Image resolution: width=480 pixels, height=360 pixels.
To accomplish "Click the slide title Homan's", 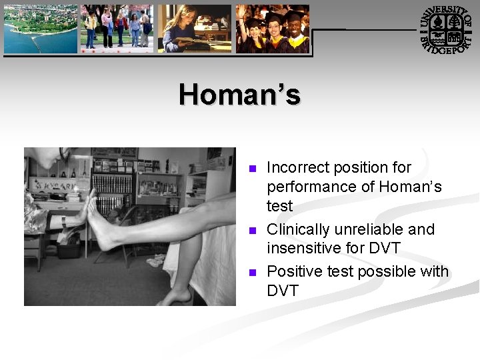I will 239,95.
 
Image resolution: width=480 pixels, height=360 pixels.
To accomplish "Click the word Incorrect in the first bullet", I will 295,167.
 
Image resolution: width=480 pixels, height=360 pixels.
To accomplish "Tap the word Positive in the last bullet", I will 293,271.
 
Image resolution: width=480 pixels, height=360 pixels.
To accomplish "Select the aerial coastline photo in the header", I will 40,29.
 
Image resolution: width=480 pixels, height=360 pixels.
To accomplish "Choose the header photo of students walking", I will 117,29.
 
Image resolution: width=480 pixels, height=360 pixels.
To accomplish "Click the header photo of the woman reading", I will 194,29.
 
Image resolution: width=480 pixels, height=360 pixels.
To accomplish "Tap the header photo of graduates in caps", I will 273,29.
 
